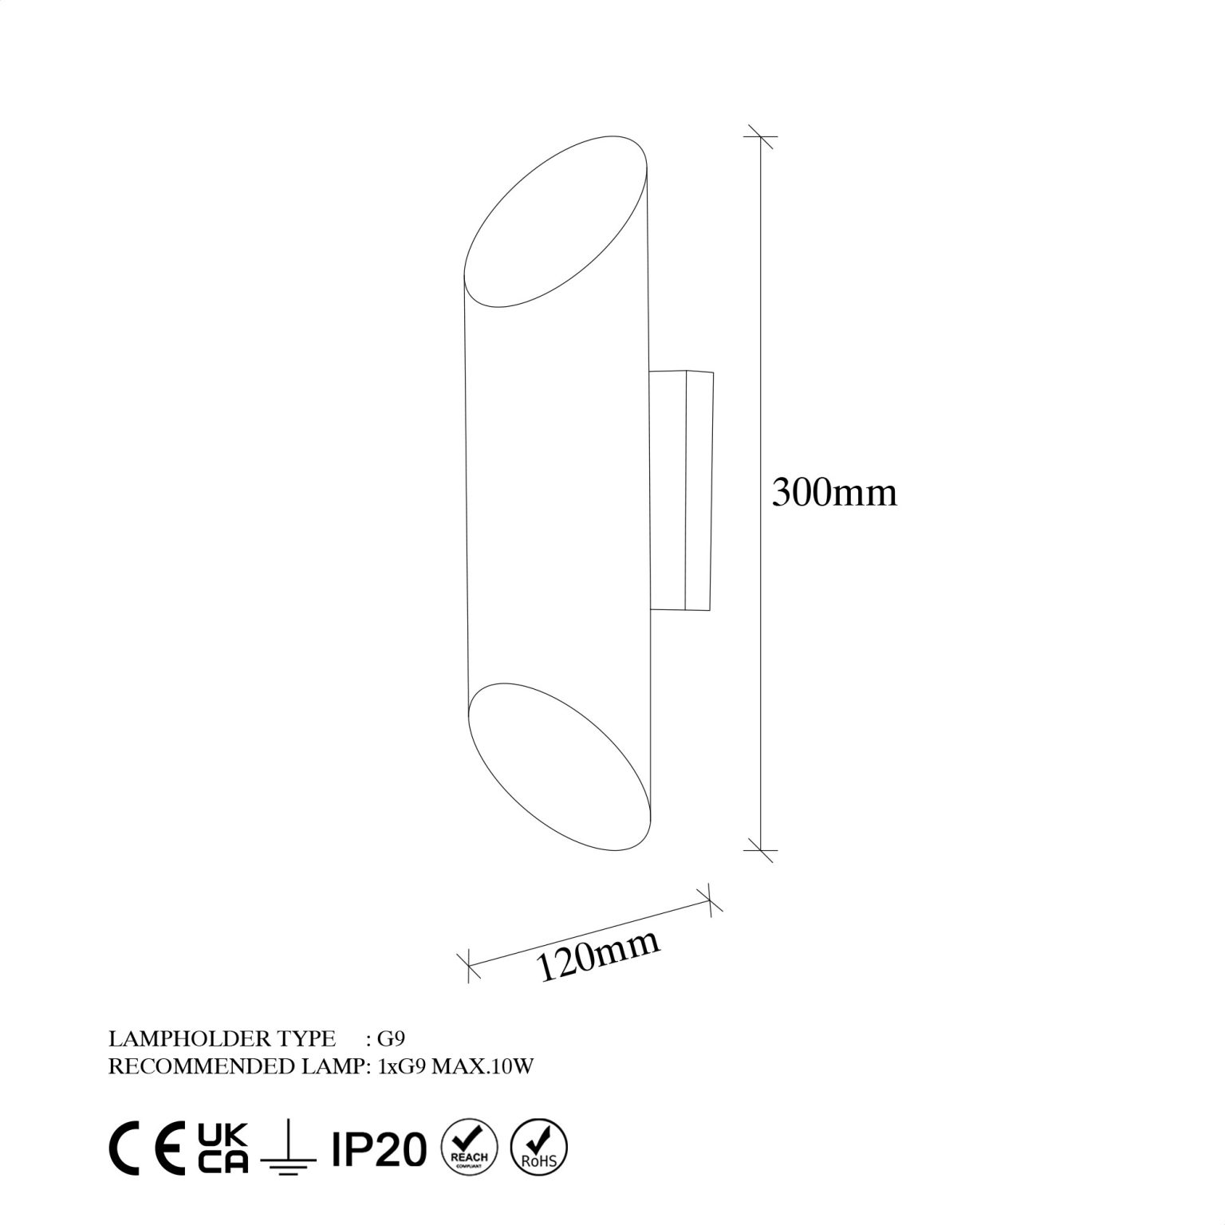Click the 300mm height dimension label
[x=834, y=493]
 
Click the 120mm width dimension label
[x=600, y=955]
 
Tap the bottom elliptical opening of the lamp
[x=560, y=766]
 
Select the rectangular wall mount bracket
[x=682, y=490]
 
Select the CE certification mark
[x=146, y=1148]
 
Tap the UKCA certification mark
[x=223, y=1148]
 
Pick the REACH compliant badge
[x=469, y=1148]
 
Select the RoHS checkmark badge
[x=539, y=1148]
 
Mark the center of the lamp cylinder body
[x=558, y=494]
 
